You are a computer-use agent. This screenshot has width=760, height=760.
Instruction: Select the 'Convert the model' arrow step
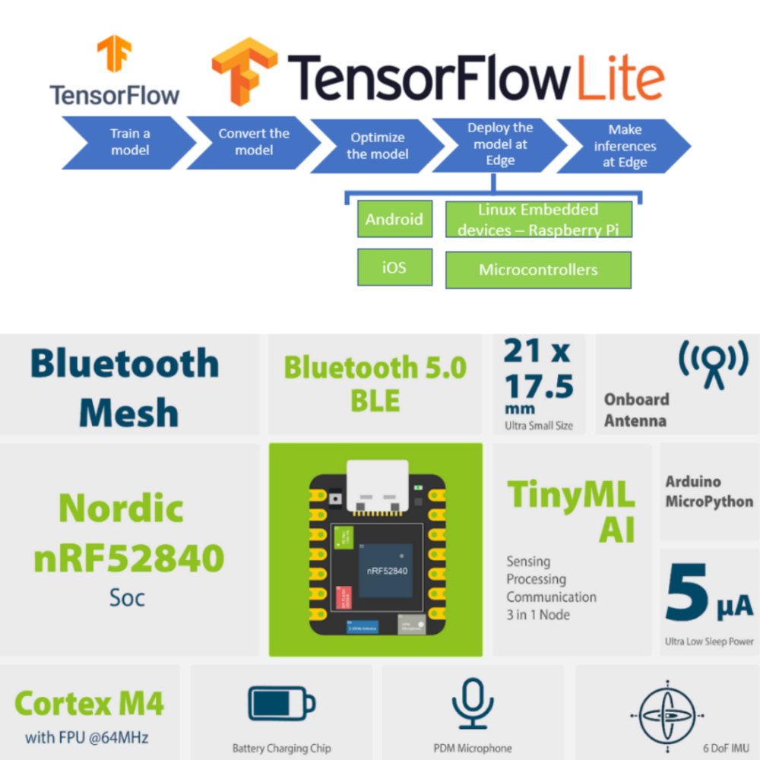tap(253, 141)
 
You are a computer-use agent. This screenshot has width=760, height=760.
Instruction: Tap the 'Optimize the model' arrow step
tap(377, 145)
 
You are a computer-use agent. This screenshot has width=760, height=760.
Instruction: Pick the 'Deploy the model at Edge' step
tap(500, 144)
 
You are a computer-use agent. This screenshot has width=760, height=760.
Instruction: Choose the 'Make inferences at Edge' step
tap(625, 145)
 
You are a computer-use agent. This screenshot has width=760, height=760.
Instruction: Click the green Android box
tap(394, 220)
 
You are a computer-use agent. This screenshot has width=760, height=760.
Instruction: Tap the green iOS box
tap(394, 267)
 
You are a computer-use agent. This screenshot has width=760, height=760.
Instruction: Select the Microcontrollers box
tap(538, 270)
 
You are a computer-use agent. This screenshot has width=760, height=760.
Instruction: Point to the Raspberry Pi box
tap(538, 219)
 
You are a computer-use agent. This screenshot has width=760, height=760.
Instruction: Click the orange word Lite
tap(619, 79)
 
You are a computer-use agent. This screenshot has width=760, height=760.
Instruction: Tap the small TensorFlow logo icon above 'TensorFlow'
tap(114, 55)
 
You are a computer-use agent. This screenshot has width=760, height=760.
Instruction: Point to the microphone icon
tap(472, 704)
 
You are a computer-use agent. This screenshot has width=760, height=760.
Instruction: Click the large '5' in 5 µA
tap(686, 594)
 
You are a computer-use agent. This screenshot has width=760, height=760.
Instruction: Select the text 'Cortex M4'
tap(89, 704)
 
